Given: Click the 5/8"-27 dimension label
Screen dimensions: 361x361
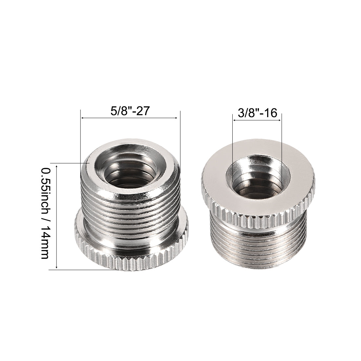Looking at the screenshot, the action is point(130,111).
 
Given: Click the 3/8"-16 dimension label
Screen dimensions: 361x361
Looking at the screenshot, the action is point(257,113).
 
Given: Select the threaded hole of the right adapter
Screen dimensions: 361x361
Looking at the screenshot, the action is point(258,178).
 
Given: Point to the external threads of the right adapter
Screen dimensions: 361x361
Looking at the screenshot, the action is point(258,244).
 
